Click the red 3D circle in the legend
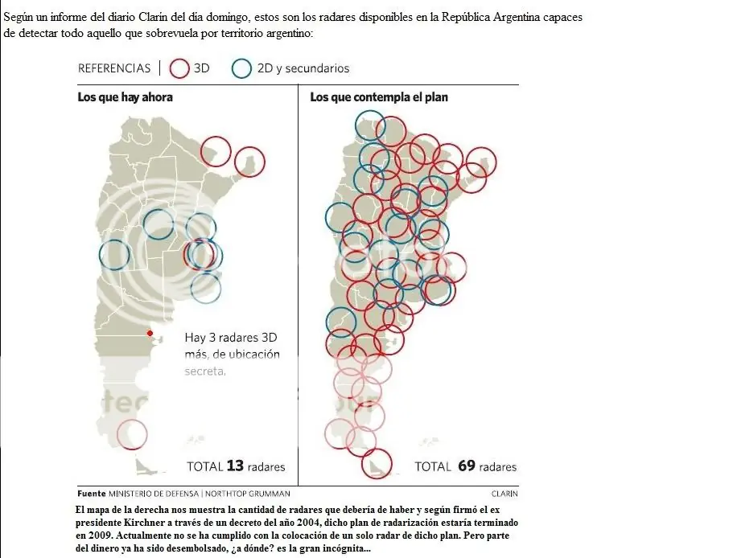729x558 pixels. tap(170, 68)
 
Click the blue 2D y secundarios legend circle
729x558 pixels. tap(232, 68)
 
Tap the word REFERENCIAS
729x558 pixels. tap(114, 68)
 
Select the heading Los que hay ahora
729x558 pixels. tap(125, 97)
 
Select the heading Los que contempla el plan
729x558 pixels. tap(379, 97)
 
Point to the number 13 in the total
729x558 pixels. tap(235, 466)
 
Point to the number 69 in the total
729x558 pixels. tap(467, 466)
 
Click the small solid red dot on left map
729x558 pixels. tap(150, 333)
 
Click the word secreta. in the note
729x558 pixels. tap(205, 371)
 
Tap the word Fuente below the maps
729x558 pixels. tap(91, 494)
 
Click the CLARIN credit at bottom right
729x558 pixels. tap(505, 494)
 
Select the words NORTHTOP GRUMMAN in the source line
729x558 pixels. tap(248, 494)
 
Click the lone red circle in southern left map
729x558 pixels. tap(117, 434)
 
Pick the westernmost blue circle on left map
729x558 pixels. tap(100, 255)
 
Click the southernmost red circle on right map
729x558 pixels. tap(362, 464)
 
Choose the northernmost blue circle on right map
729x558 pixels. tap(356, 125)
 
